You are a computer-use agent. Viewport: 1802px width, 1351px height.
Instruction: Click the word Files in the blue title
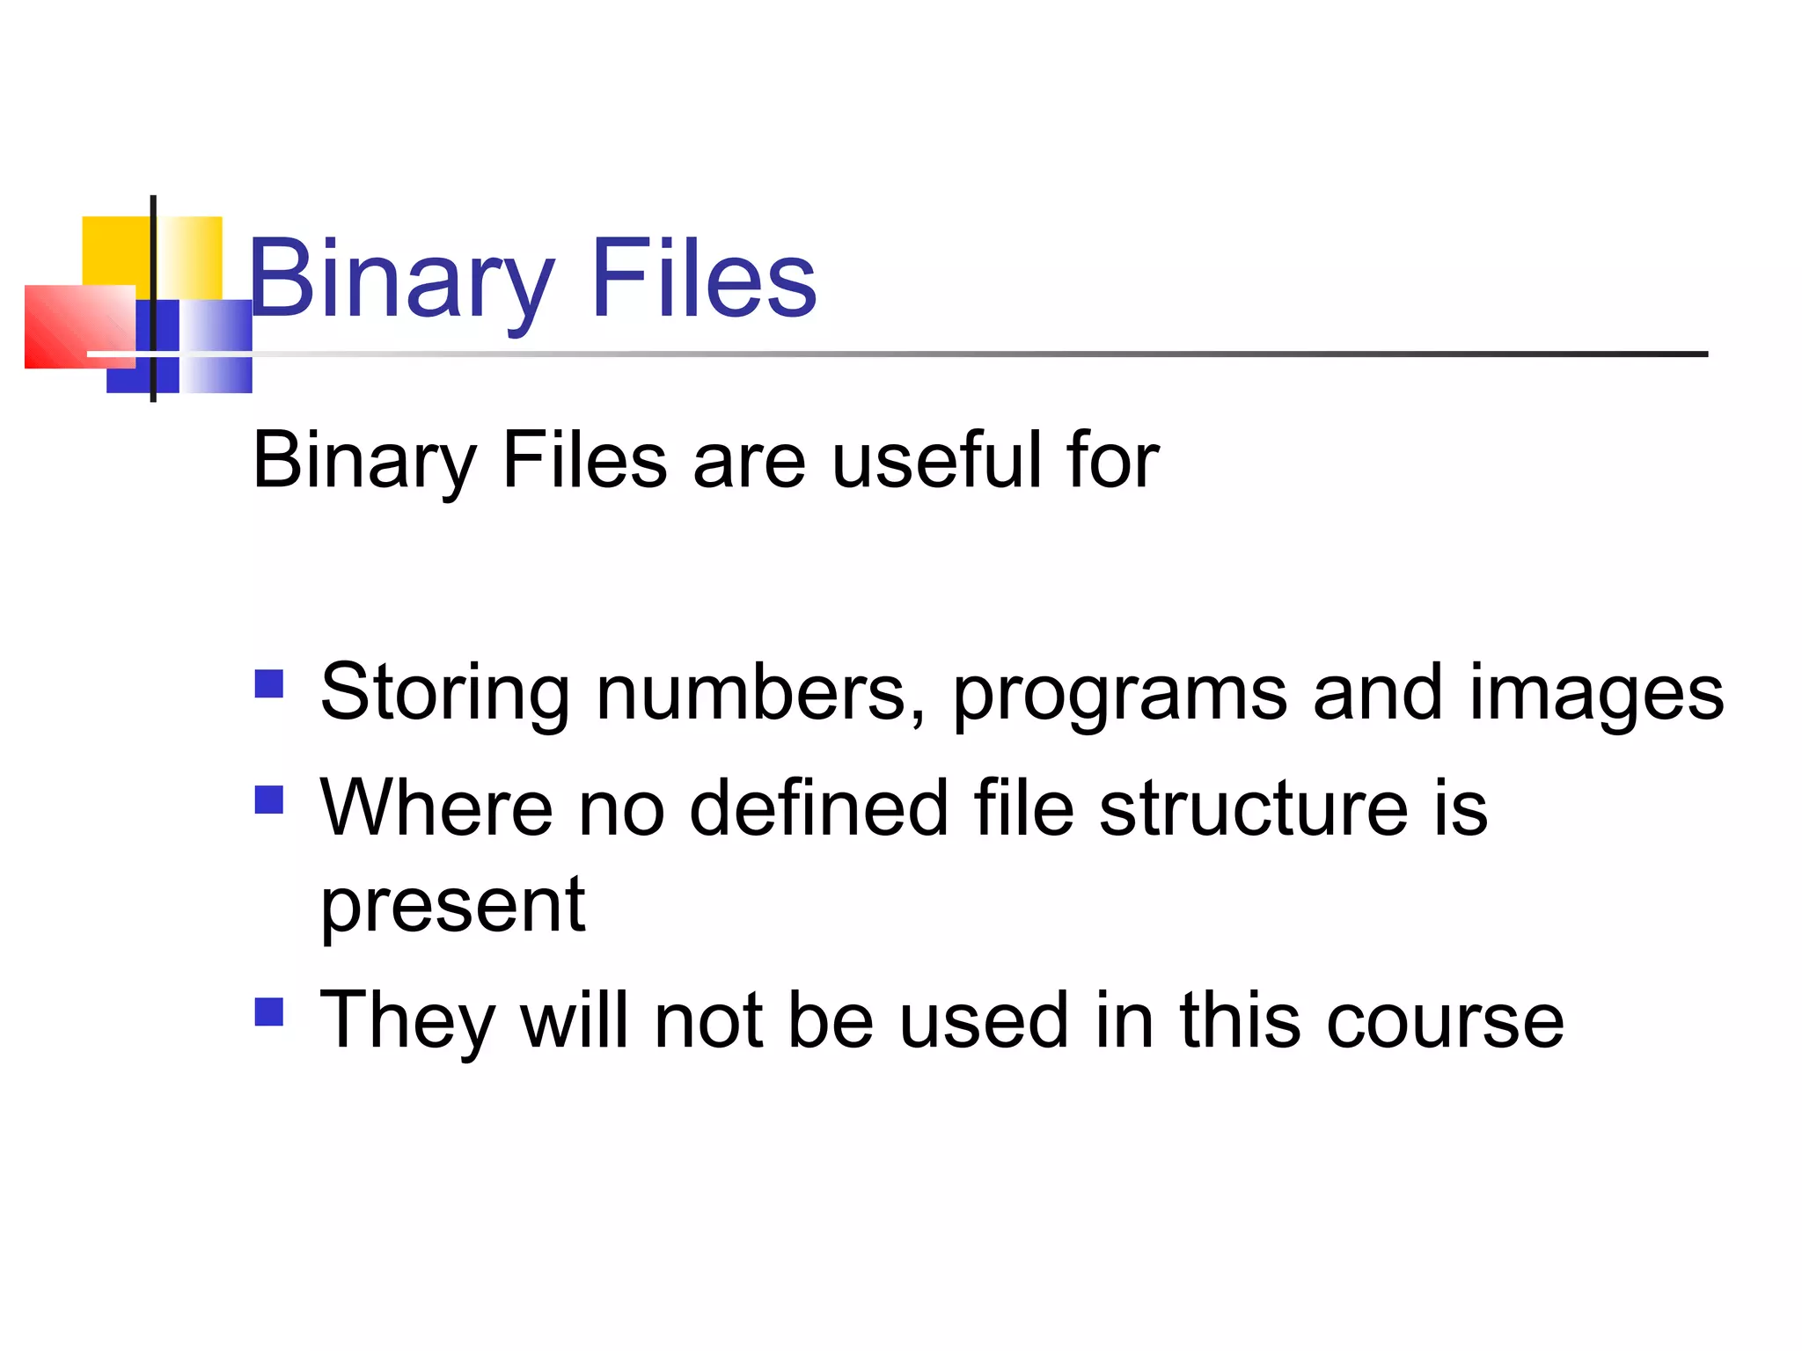click(704, 280)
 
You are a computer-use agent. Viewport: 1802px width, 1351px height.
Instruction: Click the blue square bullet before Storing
click(269, 683)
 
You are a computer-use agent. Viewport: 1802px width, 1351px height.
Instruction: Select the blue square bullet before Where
click(269, 800)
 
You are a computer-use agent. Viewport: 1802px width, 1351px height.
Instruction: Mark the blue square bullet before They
click(269, 1011)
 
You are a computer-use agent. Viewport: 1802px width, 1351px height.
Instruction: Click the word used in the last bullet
click(984, 1020)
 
